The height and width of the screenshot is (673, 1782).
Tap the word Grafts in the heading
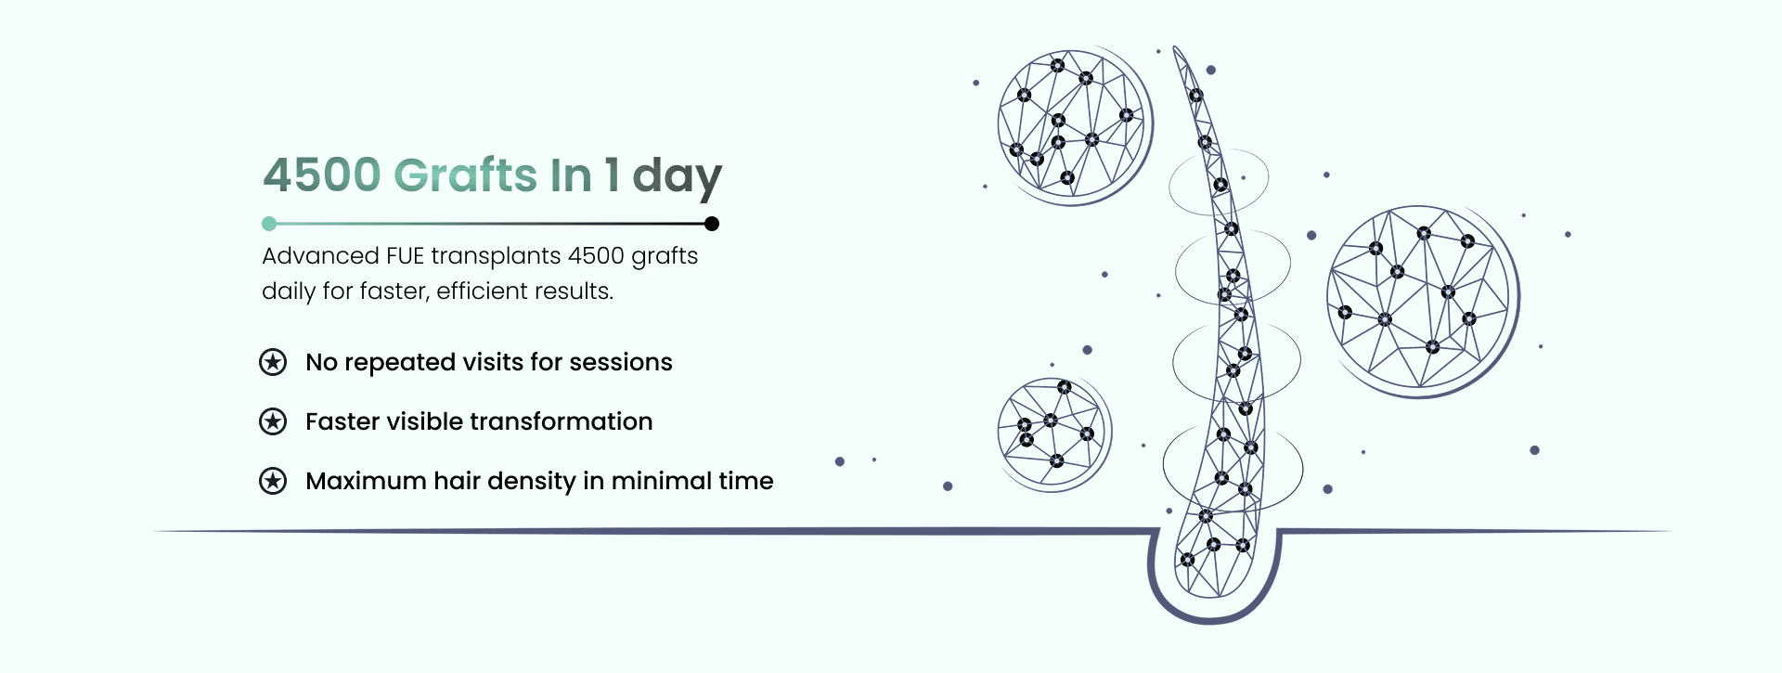(x=466, y=175)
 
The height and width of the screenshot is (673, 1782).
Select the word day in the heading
(x=677, y=176)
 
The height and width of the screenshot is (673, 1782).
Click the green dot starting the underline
(x=269, y=224)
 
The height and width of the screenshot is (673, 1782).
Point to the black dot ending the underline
(x=712, y=224)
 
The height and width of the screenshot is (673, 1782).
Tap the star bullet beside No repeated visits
(x=273, y=362)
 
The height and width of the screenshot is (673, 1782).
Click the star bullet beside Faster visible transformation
(x=273, y=421)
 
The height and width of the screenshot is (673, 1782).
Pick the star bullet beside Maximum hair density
(x=273, y=481)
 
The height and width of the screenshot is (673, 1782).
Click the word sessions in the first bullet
(x=621, y=362)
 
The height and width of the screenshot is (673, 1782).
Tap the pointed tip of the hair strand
(x=1175, y=47)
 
